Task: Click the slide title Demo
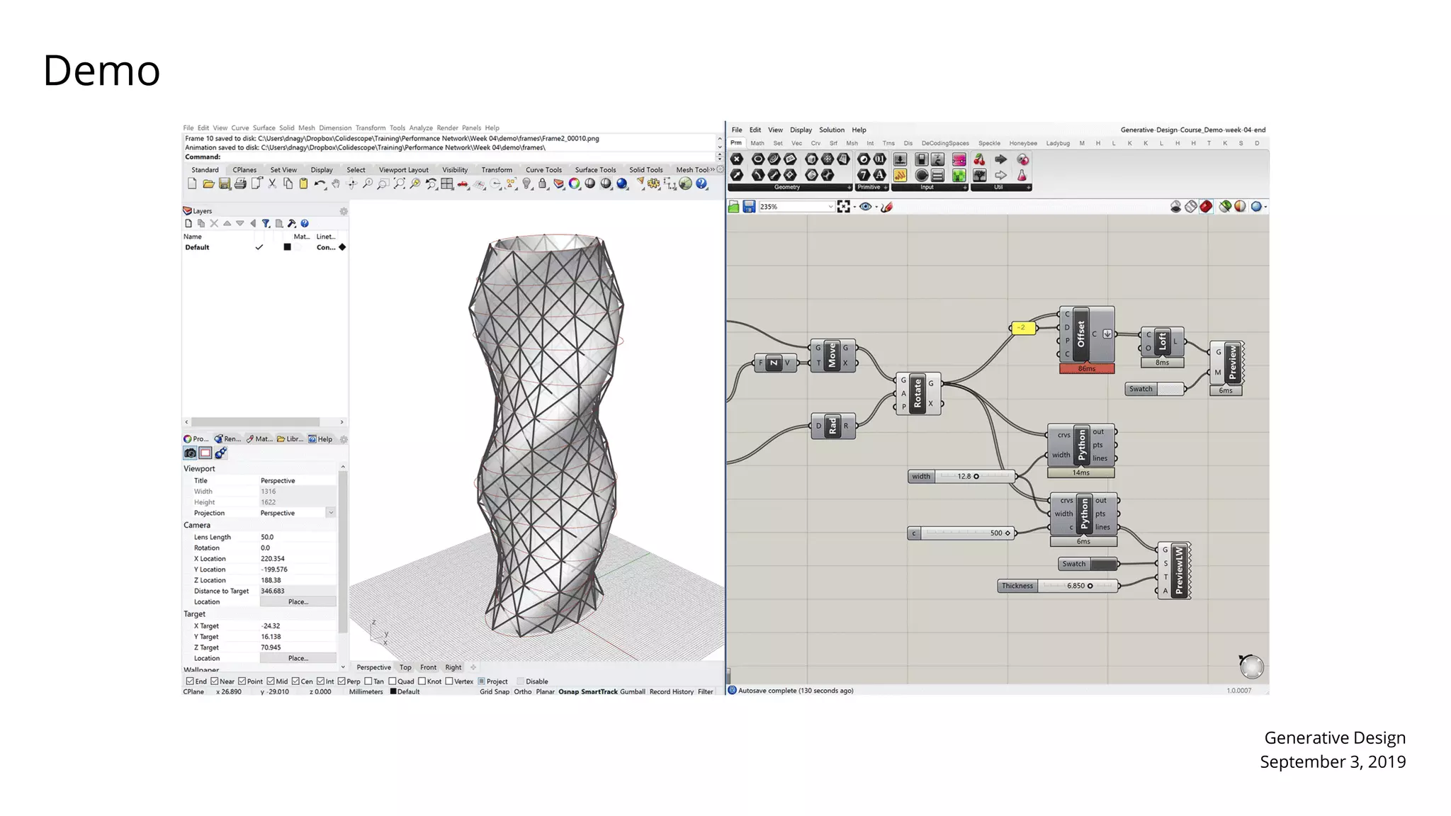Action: pos(101,71)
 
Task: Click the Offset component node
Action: pos(1081,334)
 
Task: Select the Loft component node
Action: pos(1162,341)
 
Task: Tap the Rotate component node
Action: pos(918,393)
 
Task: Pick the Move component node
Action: pos(832,356)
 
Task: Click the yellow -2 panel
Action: pos(1022,328)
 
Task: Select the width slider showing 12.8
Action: pos(961,477)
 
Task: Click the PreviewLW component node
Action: pos(1179,571)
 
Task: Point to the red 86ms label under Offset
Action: pos(1087,369)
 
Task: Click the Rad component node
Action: pos(832,426)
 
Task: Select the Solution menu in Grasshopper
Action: pos(832,130)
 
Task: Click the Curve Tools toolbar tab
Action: pos(543,170)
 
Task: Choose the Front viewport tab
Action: pos(428,667)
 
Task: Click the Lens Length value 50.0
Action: pos(268,537)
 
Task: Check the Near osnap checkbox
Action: pos(215,681)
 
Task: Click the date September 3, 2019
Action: pos(1332,762)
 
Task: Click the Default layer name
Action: pos(197,248)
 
